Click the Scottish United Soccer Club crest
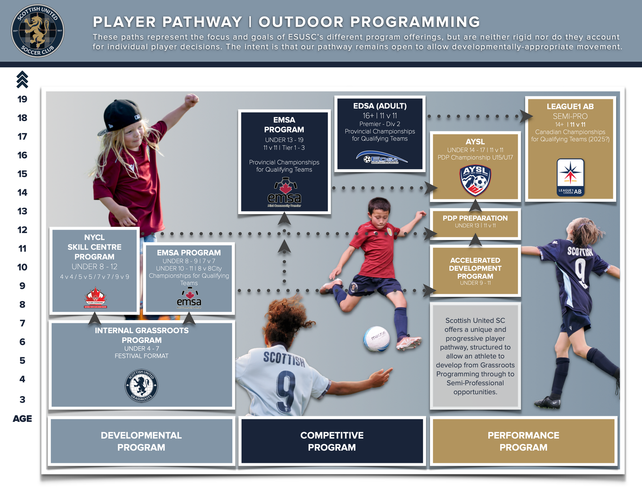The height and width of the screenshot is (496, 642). (37, 31)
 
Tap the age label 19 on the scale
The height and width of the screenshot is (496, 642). (22, 99)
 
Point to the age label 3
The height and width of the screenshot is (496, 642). (22, 399)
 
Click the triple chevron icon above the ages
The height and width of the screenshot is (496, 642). (22, 80)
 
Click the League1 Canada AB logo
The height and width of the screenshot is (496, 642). (570, 177)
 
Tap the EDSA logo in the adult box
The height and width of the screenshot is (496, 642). (382, 157)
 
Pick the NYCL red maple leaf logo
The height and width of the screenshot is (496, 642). (96, 297)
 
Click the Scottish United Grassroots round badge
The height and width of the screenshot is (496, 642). (141, 386)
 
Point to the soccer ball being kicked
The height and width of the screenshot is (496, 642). (377, 339)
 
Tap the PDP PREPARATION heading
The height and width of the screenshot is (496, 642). (475, 218)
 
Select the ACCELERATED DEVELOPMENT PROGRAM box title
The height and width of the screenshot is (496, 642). (475, 268)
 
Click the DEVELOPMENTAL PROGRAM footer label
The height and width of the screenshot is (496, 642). (141, 441)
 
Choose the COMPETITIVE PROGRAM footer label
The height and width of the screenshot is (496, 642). (332, 441)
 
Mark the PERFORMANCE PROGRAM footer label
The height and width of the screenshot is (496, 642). (524, 441)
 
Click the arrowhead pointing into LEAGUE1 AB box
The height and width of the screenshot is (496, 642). (526, 116)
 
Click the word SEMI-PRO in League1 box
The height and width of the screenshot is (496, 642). (570, 116)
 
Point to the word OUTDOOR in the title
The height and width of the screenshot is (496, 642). (301, 22)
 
